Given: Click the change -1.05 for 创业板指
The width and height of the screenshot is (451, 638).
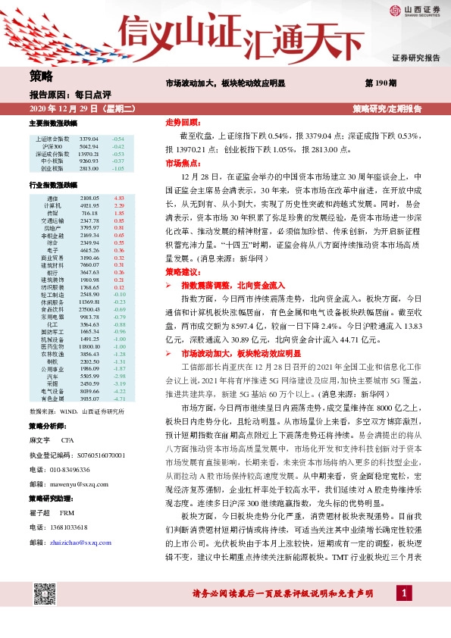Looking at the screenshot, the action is point(117,169).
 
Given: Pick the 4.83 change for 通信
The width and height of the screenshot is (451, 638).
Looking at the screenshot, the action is point(118,197).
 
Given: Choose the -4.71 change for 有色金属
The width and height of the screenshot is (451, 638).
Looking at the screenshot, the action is point(118,398).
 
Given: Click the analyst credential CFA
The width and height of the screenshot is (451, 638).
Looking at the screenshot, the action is point(67,439).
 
